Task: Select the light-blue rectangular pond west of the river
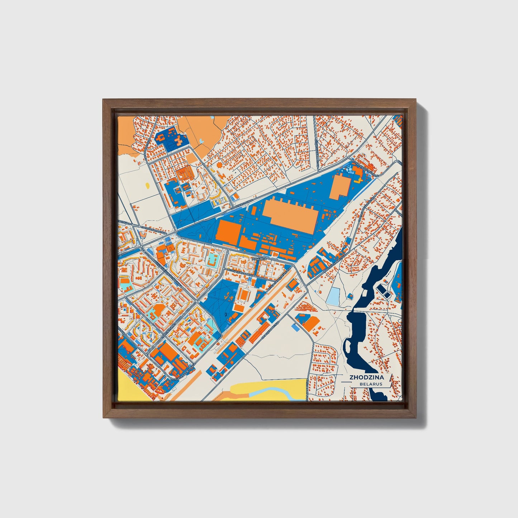[333, 296]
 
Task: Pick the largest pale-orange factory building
[290, 214]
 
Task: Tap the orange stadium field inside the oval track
[245, 295]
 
